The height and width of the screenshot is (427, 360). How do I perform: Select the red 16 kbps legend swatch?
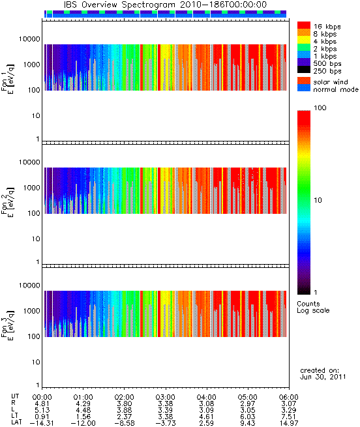tap(304, 25)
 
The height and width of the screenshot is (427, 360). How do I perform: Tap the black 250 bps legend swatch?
tap(304, 70)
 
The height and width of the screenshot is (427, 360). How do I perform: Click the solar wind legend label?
tap(330, 82)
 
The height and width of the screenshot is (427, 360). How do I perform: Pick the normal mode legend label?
tap(336, 89)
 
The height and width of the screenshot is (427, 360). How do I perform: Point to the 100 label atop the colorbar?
tap(320, 108)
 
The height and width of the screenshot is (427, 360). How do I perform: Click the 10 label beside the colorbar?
tap(318, 200)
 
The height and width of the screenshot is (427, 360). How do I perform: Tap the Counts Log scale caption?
tap(313, 307)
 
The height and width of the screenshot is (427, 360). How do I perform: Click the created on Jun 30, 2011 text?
tap(323, 374)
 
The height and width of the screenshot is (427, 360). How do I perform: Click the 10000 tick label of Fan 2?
tap(29, 162)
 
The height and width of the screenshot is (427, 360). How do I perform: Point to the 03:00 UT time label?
tap(166, 397)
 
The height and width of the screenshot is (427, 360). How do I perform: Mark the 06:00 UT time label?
tap(289, 397)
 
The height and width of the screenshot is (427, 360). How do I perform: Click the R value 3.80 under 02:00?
tap(125, 404)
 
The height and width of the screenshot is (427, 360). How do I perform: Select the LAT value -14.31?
tap(42, 424)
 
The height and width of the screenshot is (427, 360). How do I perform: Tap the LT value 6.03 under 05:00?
tap(248, 417)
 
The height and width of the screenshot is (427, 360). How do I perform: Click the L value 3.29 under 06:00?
tap(289, 410)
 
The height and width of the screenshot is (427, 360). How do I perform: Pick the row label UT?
tap(15, 396)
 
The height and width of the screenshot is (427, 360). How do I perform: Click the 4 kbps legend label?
tap(325, 42)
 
